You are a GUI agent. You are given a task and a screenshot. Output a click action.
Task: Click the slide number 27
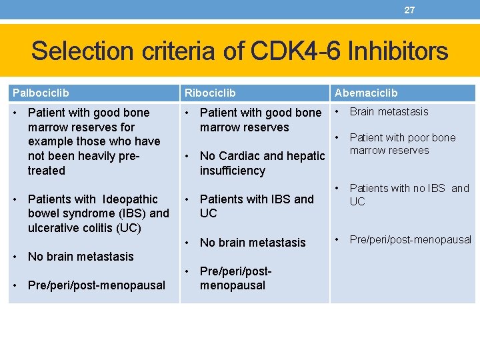tap(409, 10)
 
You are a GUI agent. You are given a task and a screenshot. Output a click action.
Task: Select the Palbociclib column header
tap(39, 93)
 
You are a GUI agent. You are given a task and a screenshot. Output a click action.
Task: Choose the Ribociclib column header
tap(210, 93)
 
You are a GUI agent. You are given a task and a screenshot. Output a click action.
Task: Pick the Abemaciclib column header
tap(366, 93)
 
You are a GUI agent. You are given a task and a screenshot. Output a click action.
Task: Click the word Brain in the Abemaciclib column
tap(363, 112)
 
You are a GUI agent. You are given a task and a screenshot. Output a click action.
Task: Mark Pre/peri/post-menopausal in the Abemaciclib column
tap(410, 239)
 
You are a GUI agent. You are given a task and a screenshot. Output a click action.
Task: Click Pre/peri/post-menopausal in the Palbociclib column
tap(96, 285)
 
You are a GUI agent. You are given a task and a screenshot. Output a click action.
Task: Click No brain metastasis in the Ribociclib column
tap(252, 243)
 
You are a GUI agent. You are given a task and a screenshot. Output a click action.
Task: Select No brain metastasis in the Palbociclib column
tap(81, 257)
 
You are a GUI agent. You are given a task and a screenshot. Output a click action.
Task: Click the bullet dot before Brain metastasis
tap(338, 111)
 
